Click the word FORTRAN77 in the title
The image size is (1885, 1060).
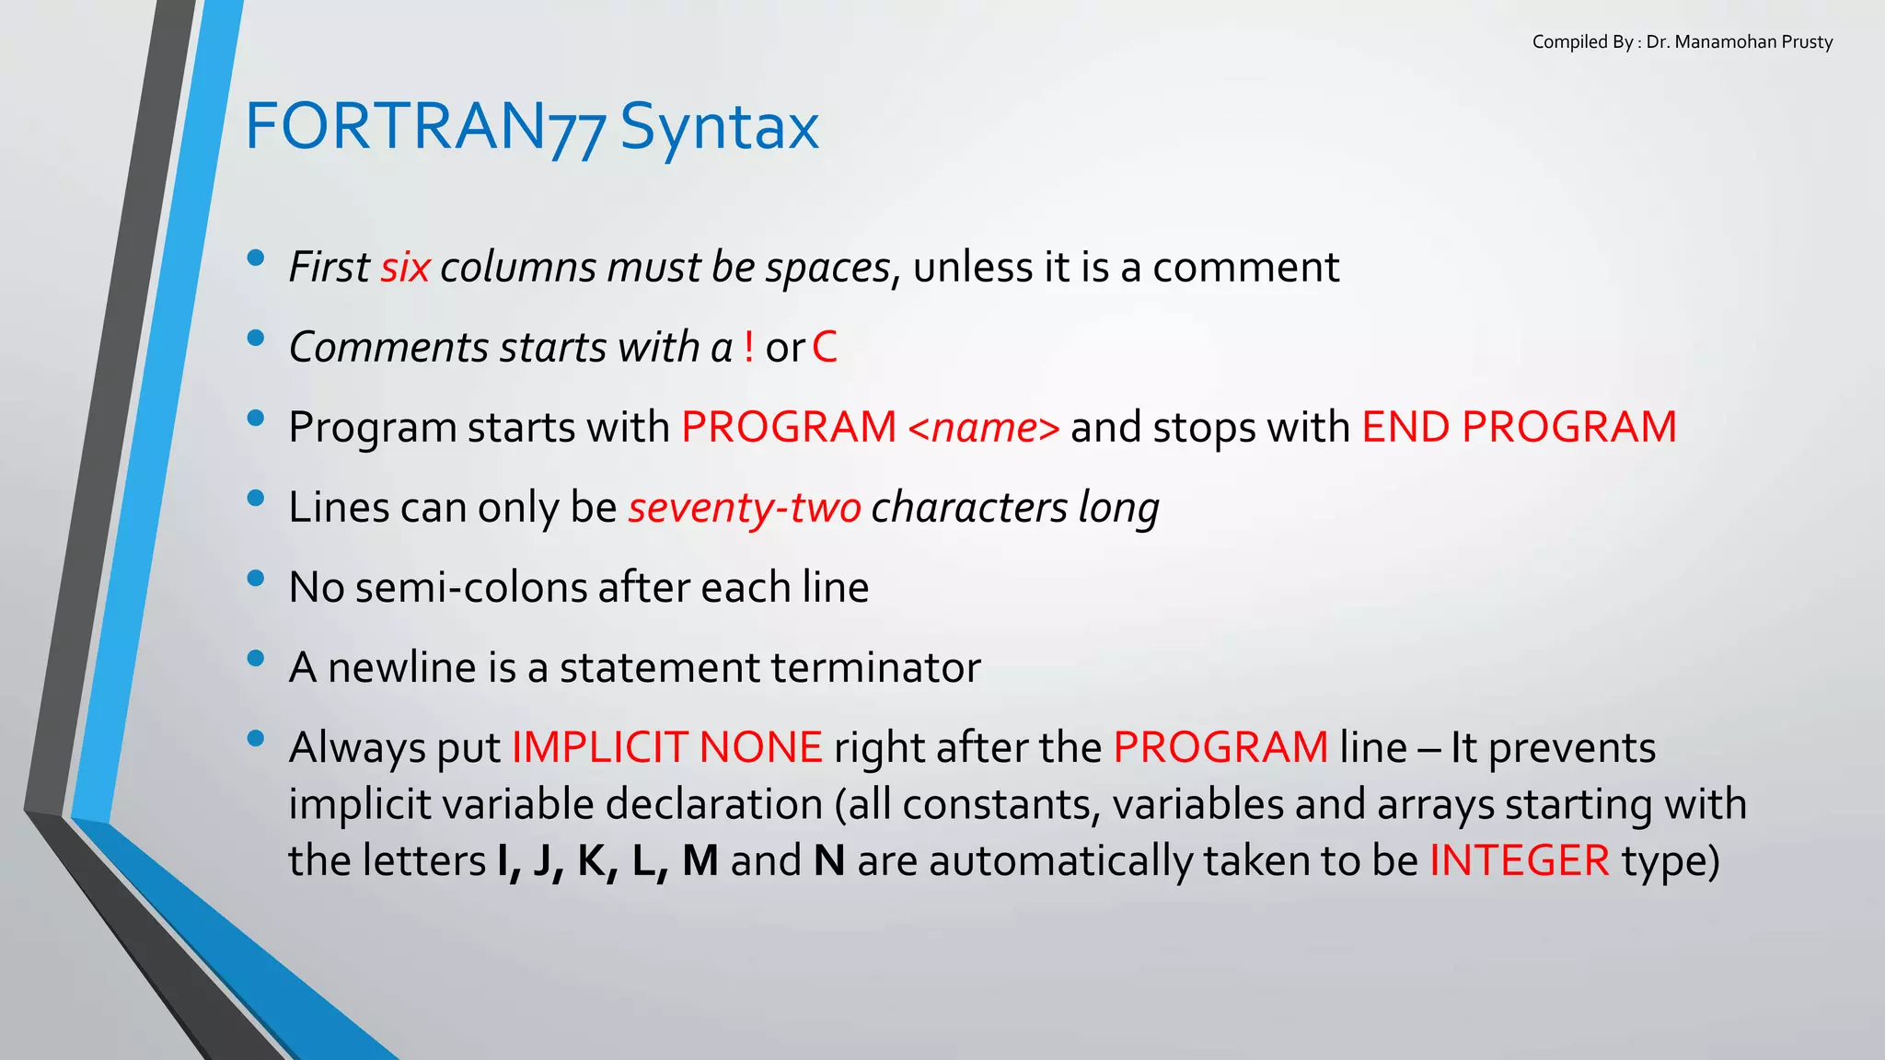tap(425, 127)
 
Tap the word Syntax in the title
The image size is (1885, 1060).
tap(719, 127)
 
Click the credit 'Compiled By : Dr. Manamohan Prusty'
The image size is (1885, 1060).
tap(1682, 42)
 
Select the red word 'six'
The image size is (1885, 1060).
tap(405, 268)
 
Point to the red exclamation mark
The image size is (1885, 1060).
tap(749, 347)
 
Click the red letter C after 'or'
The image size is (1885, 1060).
tap(825, 347)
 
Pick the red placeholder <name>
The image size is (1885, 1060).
tap(983, 427)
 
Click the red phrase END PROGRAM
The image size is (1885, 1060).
tap(1519, 427)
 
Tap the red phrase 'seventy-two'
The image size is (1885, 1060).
tap(744, 507)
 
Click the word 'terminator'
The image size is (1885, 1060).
tap(875, 667)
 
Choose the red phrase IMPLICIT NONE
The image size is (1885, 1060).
tap(666, 747)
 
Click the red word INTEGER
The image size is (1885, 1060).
tap(1519, 861)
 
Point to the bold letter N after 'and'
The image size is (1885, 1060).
tap(829, 861)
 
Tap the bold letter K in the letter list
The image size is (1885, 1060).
tap(593, 861)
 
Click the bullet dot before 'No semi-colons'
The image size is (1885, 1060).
tap(256, 579)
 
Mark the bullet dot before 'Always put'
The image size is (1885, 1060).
tap(256, 738)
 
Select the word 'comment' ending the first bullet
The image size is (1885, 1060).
tap(1245, 268)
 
